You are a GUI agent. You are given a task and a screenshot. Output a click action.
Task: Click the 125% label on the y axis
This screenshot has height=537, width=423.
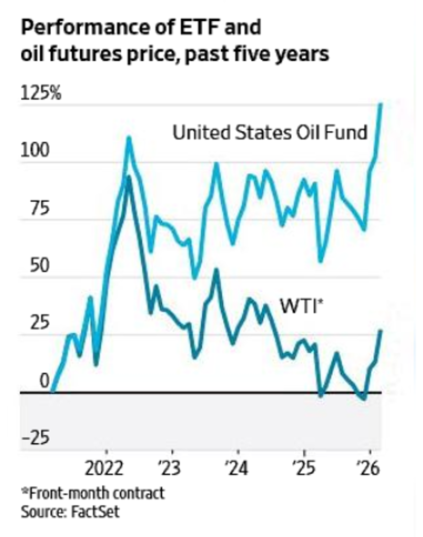tap(41, 94)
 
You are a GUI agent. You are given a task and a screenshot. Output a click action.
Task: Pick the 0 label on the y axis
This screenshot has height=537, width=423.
tap(31, 380)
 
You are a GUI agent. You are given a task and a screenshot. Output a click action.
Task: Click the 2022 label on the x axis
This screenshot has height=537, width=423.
tap(107, 469)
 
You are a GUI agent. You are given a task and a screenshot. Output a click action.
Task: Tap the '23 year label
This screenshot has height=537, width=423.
tap(172, 469)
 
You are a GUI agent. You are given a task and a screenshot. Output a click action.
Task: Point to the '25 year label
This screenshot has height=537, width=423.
tap(303, 469)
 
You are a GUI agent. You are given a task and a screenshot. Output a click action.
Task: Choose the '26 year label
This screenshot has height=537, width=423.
tap(369, 469)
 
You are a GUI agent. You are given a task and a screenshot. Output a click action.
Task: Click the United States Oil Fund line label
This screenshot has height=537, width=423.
tap(270, 133)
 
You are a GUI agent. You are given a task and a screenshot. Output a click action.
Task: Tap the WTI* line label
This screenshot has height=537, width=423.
tap(301, 306)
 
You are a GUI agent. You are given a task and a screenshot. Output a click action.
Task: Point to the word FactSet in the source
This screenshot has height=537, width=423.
tap(94, 511)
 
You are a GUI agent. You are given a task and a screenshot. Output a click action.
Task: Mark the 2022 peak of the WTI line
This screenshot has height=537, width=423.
tap(128, 177)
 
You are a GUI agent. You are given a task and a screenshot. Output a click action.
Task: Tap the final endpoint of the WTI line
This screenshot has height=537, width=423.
tap(380, 331)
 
